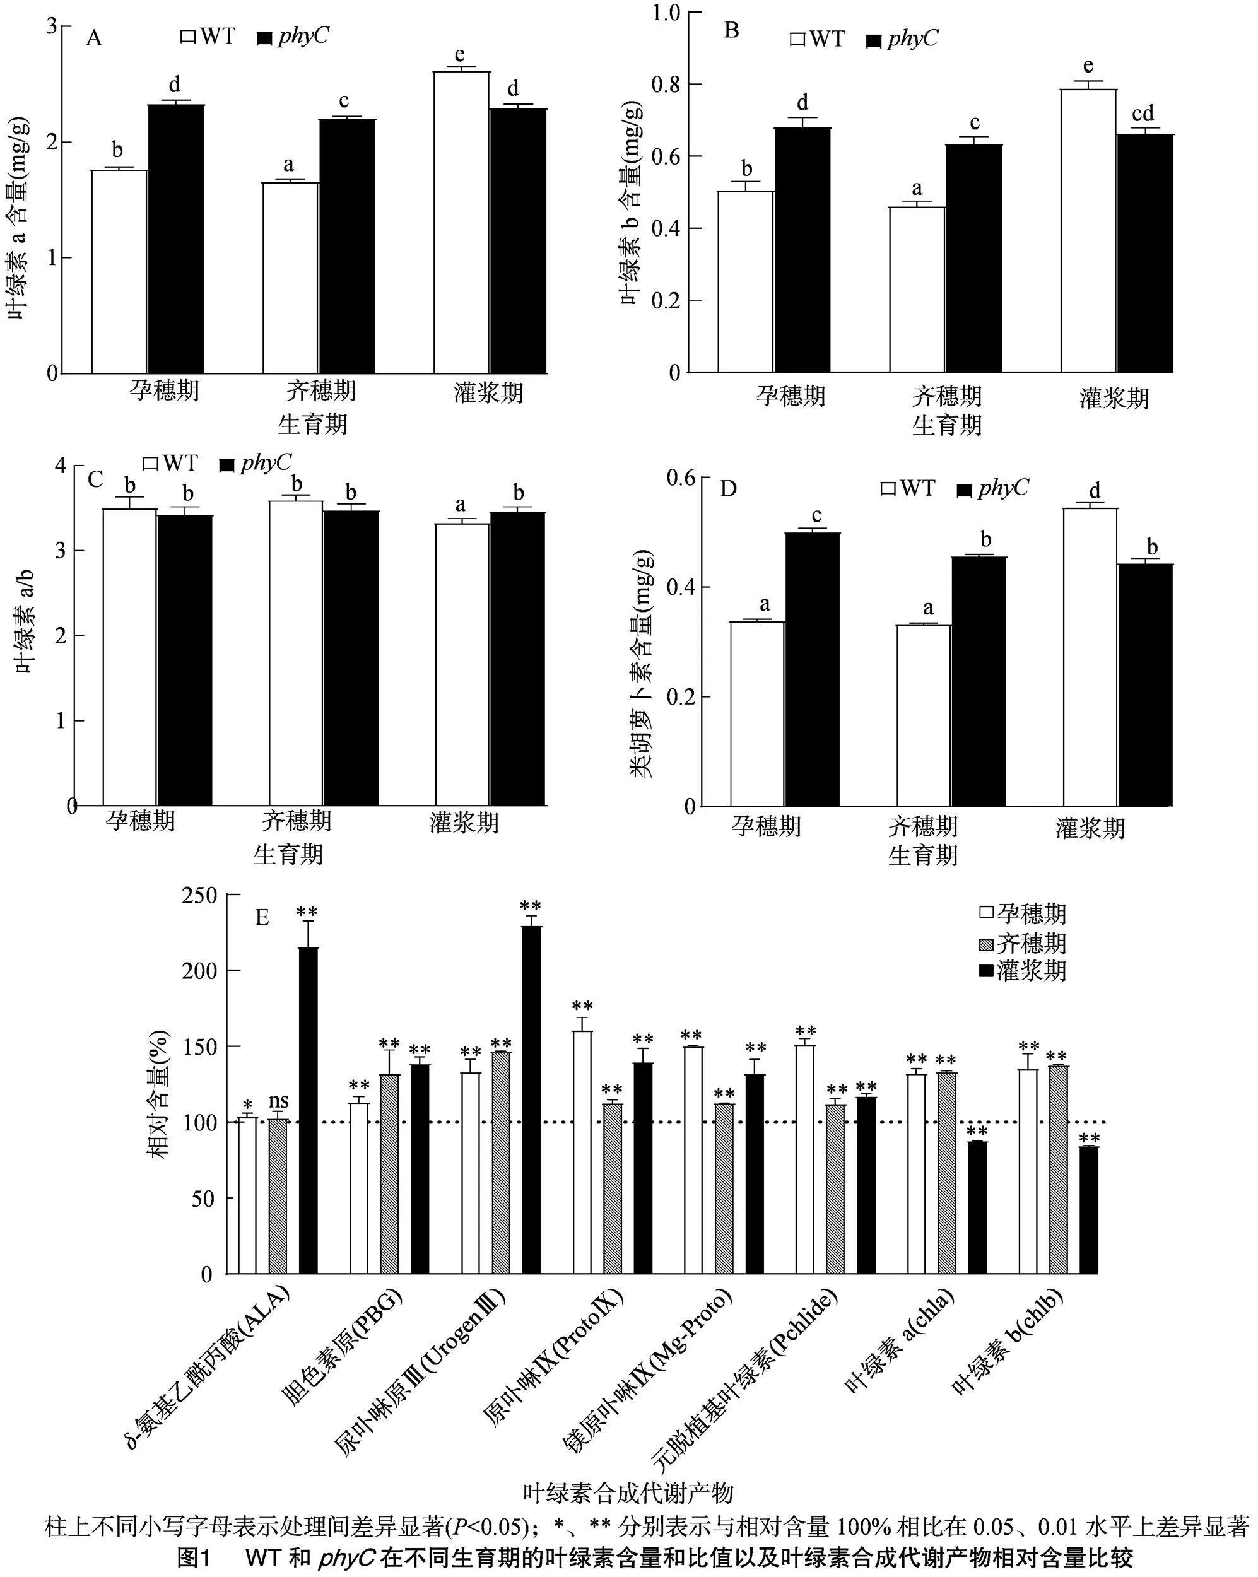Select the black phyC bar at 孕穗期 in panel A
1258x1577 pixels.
point(176,238)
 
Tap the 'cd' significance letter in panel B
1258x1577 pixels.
point(1143,114)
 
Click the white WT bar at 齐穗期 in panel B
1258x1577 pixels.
point(917,290)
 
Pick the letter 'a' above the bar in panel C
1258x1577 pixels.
point(461,504)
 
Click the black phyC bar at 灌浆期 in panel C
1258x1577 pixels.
point(518,659)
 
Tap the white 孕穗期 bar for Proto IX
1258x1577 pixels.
point(582,1152)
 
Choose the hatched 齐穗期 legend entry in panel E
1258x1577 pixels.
point(1023,943)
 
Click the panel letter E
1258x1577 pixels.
point(261,917)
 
